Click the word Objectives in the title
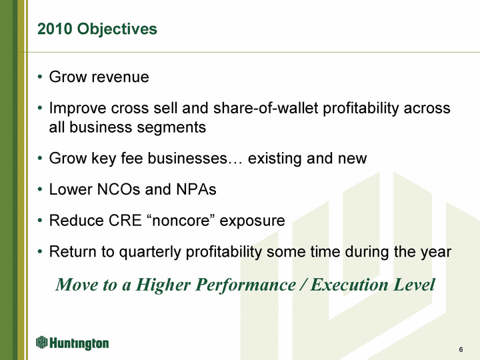pyautogui.click(x=117, y=29)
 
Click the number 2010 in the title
pyautogui.click(x=55, y=29)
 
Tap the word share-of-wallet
pyautogui.click(x=266, y=108)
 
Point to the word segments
pyautogui.click(x=171, y=128)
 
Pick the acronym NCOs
pyautogui.click(x=119, y=189)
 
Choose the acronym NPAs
pyautogui.click(x=196, y=189)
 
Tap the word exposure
pyautogui.click(x=252, y=221)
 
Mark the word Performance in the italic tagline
pyautogui.click(x=246, y=285)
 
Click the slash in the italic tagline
pyautogui.click(x=303, y=285)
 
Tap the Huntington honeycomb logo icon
pyautogui.click(x=41, y=342)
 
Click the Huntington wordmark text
pyautogui.click(x=79, y=343)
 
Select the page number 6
pyautogui.click(x=461, y=349)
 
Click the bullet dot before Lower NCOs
pyautogui.click(x=40, y=189)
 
